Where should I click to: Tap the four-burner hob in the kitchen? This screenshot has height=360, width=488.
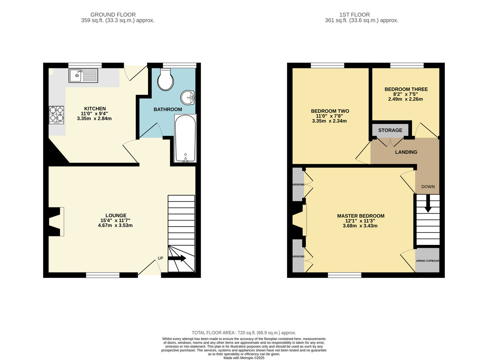pyautogui.click(x=57, y=114)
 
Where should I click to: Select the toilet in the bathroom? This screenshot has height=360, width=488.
pyautogui.click(x=166, y=80)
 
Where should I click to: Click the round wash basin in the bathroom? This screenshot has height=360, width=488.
pyautogui.click(x=188, y=97)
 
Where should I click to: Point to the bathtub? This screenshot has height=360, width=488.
pyautogui.click(x=185, y=138)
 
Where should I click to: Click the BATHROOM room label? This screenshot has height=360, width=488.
pyautogui.click(x=168, y=109)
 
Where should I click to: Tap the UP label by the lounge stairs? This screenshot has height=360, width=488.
pyautogui.click(x=161, y=257)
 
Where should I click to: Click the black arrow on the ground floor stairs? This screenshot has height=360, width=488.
pyautogui.click(x=177, y=258)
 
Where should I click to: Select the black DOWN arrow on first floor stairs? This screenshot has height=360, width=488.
pyautogui.click(x=428, y=203)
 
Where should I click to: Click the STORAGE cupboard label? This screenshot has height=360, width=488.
pyautogui.click(x=390, y=130)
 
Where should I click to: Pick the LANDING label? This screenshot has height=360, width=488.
pyautogui.click(x=406, y=152)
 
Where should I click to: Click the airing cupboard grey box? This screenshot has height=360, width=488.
pyautogui.click(x=427, y=260)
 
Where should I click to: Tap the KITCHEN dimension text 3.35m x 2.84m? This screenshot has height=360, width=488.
pyautogui.click(x=94, y=119)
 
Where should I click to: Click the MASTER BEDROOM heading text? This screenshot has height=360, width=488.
pyautogui.click(x=360, y=216)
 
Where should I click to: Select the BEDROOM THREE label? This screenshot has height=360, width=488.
pyautogui.click(x=406, y=89)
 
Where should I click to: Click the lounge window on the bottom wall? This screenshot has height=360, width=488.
pyautogui.click(x=103, y=275)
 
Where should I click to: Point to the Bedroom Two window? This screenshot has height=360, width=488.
pyautogui.click(x=327, y=65)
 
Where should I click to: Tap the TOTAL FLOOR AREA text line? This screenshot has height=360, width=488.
pyautogui.click(x=244, y=332)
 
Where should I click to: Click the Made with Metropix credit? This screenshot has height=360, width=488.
pyautogui.click(x=244, y=358)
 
